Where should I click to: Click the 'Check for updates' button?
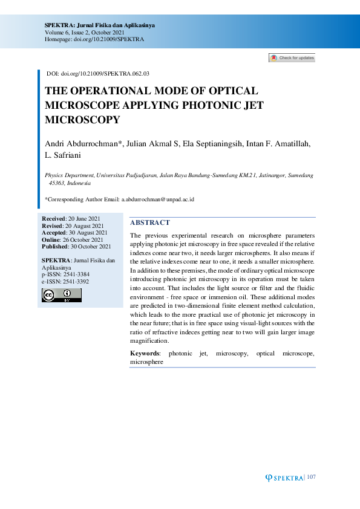(x=292, y=58)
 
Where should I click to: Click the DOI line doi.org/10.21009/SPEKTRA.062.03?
(x=105, y=73)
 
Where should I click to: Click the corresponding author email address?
(x=157, y=199)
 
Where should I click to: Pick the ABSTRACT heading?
(x=150, y=223)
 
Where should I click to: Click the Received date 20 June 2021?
(x=83, y=218)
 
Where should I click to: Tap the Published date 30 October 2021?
(x=91, y=247)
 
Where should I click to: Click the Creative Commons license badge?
(x=61, y=295)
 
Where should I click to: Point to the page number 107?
(x=311, y=478)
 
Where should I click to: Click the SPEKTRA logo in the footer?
(x=284, y=478)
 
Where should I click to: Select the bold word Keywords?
(x=145, y=353)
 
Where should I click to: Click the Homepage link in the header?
(x=94, y=39)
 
